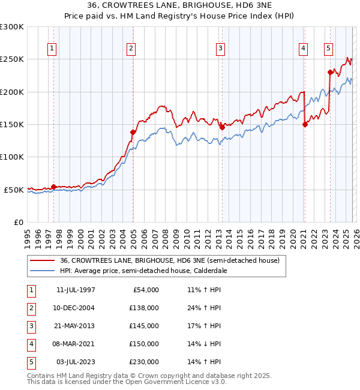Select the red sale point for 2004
[133, 132]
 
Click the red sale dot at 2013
[222, 127]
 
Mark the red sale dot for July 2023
[330, 72]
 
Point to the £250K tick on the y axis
[12, 59]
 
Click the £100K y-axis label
[12, 157]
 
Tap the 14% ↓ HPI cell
[204, 344]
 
